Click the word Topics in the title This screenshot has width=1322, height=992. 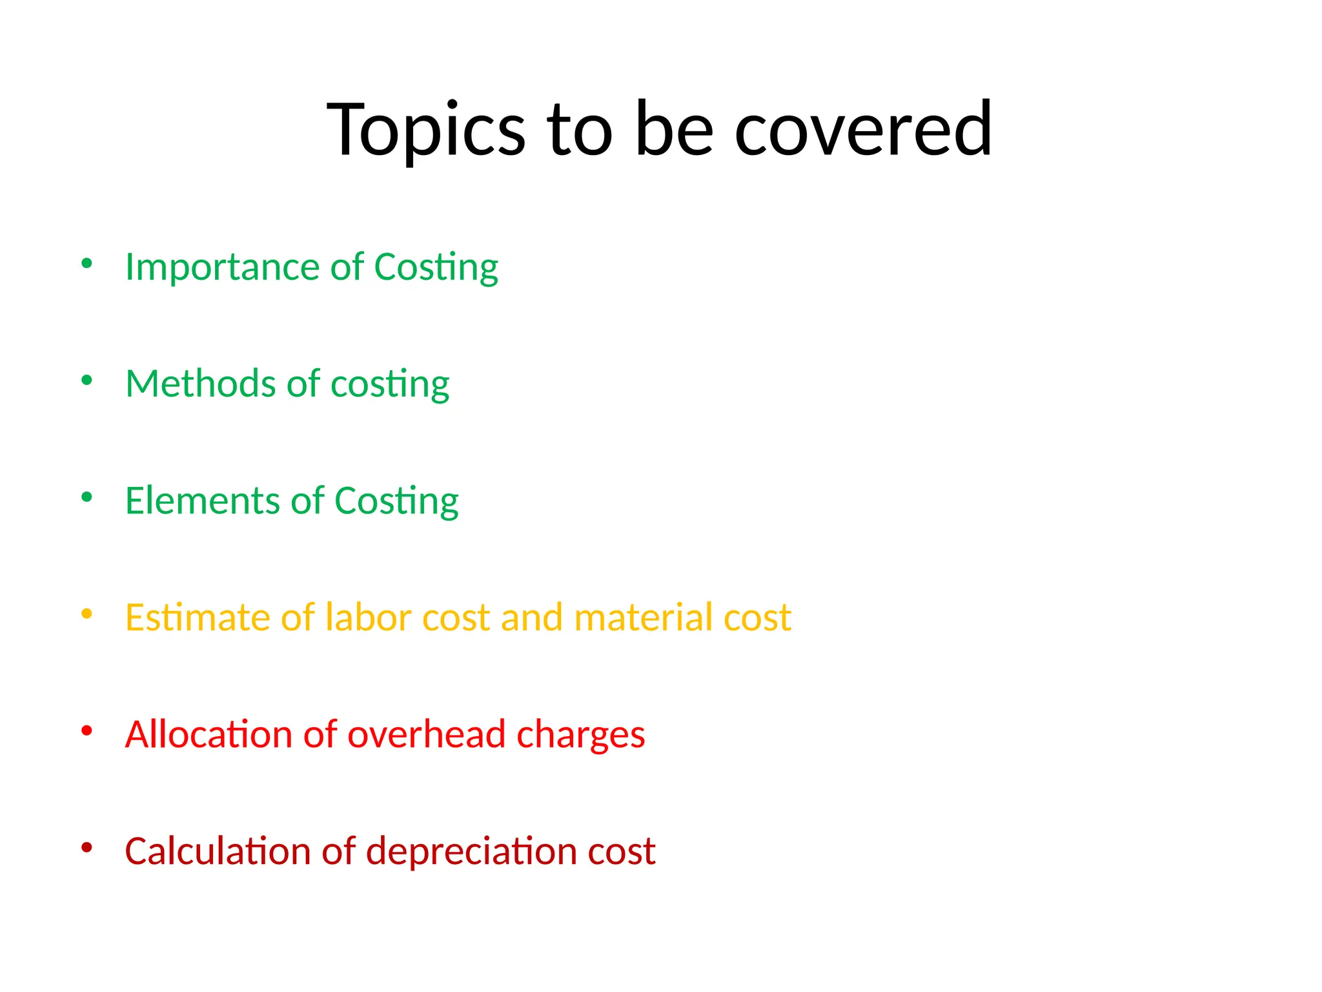pos(426,129)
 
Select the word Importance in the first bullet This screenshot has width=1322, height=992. pos(222,267)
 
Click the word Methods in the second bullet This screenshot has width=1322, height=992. pos(200,384)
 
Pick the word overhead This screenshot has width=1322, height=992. pos(426,735)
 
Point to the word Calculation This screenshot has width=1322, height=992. pos(217,851)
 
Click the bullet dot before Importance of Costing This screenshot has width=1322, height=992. pos(87,263)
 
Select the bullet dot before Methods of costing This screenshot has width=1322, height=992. pos(87,380)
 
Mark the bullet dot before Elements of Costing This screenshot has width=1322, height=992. pos(87,497)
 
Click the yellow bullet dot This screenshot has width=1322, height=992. pos(87,614)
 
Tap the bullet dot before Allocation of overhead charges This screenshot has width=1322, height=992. pos(87,730)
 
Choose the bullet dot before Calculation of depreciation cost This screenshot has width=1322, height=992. pos(87,847)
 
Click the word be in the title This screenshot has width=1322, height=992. pos(674,129)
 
